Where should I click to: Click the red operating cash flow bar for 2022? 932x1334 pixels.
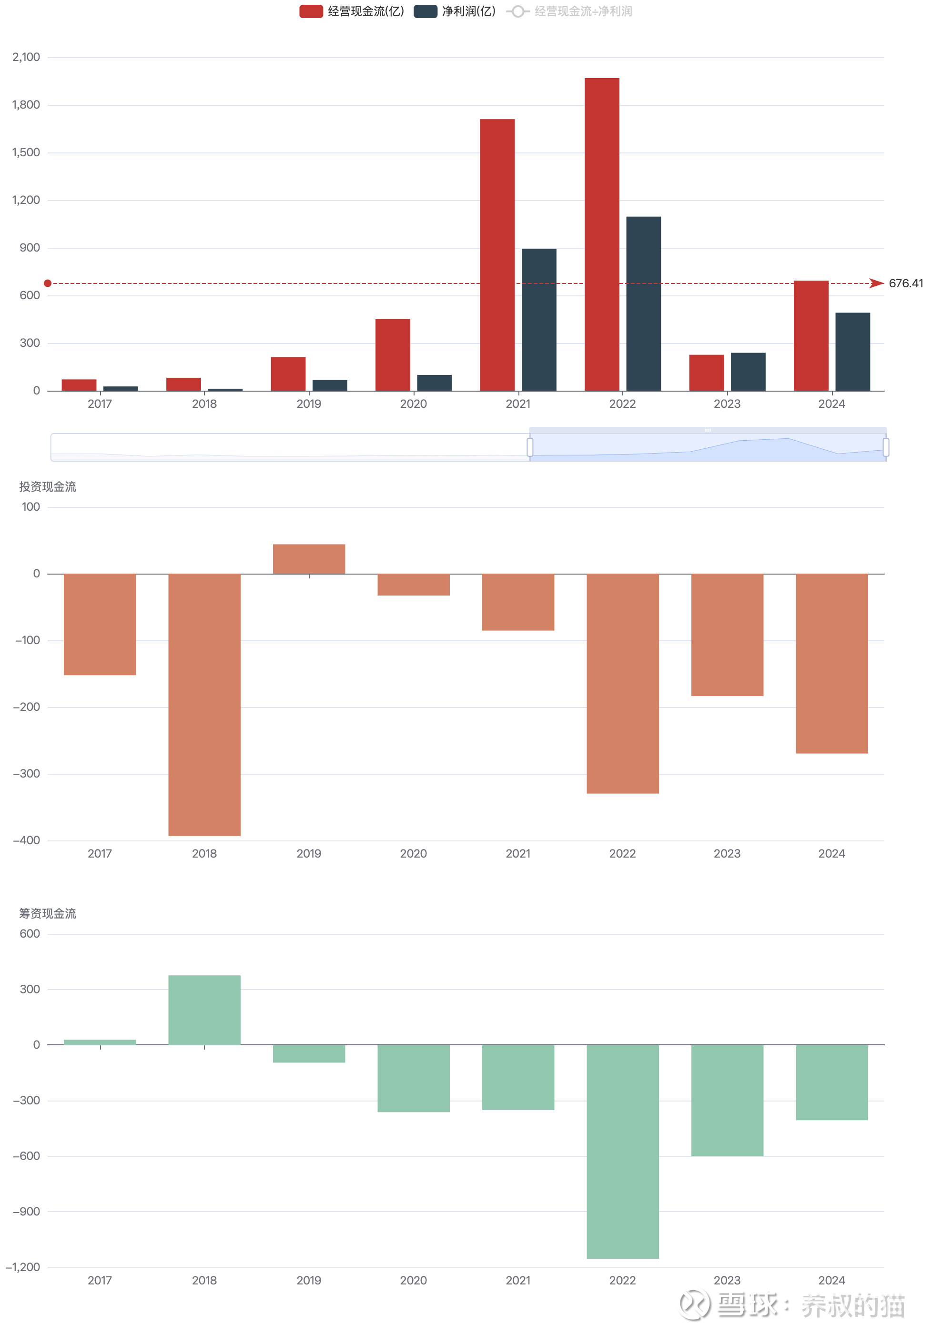[601, 234]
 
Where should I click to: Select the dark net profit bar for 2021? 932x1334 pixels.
[538, 320]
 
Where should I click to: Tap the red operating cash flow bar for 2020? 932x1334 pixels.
[392, 354]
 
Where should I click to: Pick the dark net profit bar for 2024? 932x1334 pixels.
[852, 352]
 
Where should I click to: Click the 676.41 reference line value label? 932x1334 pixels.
[905, 283]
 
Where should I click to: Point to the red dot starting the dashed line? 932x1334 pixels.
[48, 283]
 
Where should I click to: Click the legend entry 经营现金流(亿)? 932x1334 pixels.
[352, 11]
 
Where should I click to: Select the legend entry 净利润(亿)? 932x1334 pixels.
[455, 11]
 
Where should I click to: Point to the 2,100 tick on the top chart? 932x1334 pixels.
[26, 57]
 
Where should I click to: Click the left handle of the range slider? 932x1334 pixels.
[530, 447]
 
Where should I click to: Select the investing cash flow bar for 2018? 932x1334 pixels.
[204, 704]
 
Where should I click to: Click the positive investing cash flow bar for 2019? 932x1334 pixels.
[309, 559]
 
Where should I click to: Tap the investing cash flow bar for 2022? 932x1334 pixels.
[622, 683]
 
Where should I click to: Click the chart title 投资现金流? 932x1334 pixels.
[48, 487]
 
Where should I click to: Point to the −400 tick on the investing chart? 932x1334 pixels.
[27, 840]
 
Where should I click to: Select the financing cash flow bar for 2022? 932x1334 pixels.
[622, 1151]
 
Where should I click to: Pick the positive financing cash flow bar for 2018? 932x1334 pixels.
[204, 1010]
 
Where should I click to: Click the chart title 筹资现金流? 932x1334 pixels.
[48, 913]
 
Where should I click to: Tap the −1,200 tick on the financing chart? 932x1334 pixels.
[23, 1267]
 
